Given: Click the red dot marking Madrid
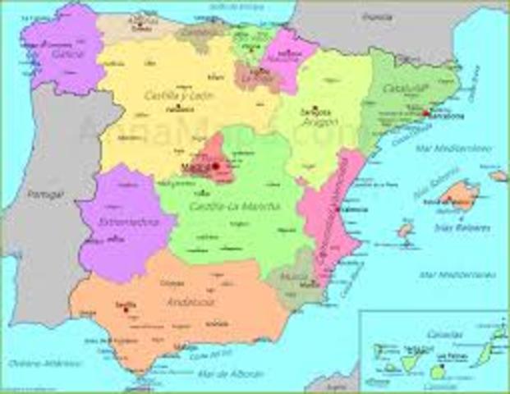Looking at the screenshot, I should point(215,166).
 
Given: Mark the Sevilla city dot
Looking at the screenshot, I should point(126,309).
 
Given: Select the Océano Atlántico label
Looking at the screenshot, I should point(32,361).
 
